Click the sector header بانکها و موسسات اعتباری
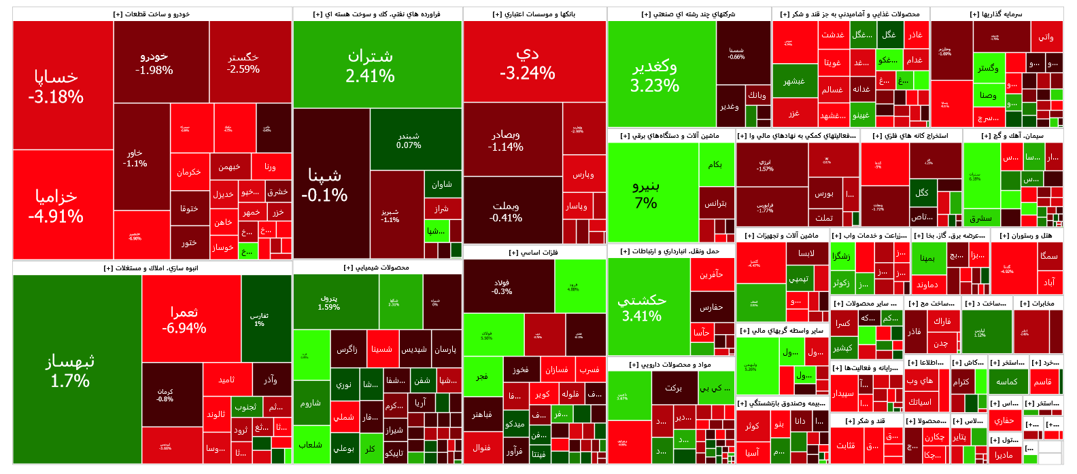click(x=534, y=14)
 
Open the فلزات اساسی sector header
click(x=534, y=253)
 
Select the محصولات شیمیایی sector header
click(x=377, y=268)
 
